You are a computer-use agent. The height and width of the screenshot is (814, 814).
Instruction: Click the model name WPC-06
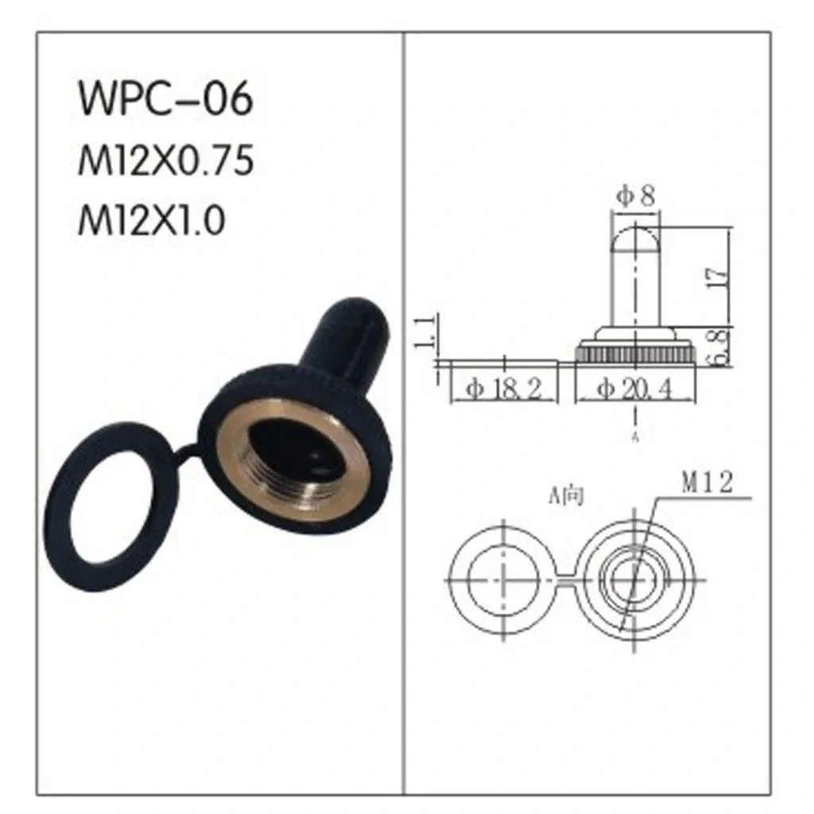[x=165, y=98]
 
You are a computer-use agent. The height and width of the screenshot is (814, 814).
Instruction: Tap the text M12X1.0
[x=152, y=220]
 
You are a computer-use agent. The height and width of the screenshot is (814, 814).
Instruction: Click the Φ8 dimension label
[x=635, y=196]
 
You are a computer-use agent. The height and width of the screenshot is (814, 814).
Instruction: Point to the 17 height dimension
[x=719, y=278]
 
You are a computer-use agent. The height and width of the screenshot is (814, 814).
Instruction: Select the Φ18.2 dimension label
[x=503, y=388]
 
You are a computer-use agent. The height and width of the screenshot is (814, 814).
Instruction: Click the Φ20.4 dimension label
[x=634, y=388]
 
